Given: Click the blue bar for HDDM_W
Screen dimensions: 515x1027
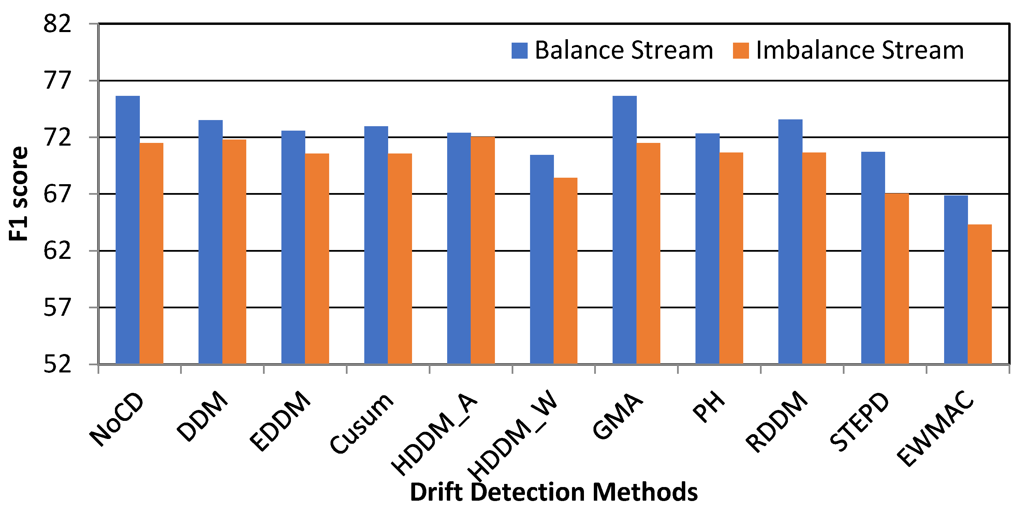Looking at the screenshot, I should (541, 259).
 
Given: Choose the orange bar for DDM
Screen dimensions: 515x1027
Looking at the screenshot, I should (234, 251).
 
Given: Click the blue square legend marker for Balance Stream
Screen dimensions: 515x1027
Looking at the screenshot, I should (519, 50).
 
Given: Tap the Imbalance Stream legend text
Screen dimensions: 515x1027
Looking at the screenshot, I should (860, 50).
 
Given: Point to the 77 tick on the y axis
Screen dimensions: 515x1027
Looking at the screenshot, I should (57, 80).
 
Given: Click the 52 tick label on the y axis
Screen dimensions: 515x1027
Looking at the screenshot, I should (57, 364).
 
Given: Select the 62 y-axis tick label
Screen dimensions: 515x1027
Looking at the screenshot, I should (57, 251).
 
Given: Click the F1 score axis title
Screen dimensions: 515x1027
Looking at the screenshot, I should (18, 194).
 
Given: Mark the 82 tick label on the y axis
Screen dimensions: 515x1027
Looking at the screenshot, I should (57, 24).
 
